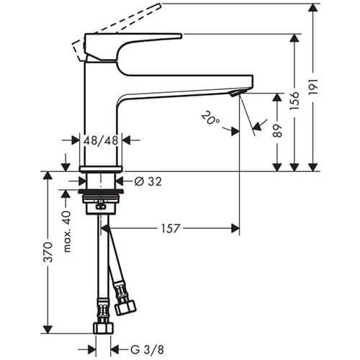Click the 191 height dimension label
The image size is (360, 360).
tap(313, 86)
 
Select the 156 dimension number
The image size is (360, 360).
tap(294, 101)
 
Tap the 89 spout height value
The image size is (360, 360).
tap(277, 131)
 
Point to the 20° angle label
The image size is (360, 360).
tap(210, 118)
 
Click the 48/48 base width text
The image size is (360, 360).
tap(101, 140)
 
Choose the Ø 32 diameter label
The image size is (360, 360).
tap(148, 181)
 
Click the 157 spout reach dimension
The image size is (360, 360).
tap(170, 228)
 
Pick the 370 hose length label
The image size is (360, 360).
tap(48, 252)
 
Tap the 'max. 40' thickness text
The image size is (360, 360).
tap(67, 232)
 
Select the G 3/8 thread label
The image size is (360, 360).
tap(148, 350)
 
